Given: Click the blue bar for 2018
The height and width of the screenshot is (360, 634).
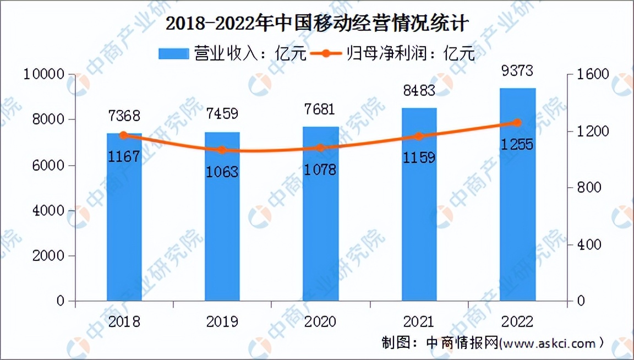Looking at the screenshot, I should coord(124,220).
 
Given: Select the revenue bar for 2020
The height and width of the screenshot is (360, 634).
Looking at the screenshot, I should coord(321,220).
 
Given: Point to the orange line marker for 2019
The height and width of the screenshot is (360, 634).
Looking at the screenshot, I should coord(222,150).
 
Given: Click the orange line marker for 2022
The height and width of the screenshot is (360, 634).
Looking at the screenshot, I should coord(517,123).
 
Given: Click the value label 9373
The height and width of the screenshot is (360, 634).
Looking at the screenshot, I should coord(517,71).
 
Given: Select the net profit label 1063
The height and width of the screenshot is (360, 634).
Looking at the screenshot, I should coord(222,172).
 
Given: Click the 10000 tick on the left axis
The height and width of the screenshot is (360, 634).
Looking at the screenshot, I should coord(45,74).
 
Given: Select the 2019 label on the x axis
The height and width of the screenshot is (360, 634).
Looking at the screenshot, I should coord(222,321).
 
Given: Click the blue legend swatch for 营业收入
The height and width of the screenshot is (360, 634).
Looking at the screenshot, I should coord(173,53).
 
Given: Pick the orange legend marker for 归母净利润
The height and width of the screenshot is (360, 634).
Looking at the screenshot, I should coord(325,53).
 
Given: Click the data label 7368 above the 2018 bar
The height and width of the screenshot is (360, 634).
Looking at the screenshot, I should coord(124,116).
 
